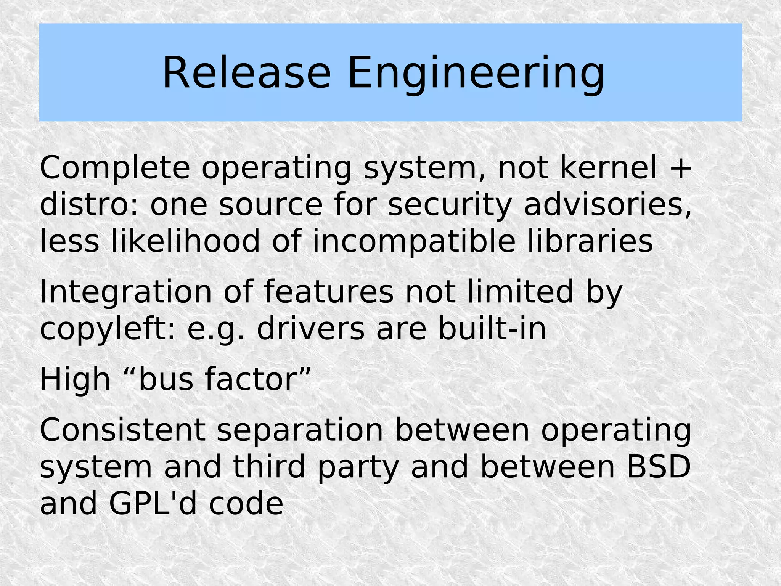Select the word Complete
click(115, 169)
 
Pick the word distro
click(88, 205)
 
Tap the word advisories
click(607, 205)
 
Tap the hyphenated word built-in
click(492, 328)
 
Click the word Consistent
click(122, 430)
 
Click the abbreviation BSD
click(659, 467)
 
